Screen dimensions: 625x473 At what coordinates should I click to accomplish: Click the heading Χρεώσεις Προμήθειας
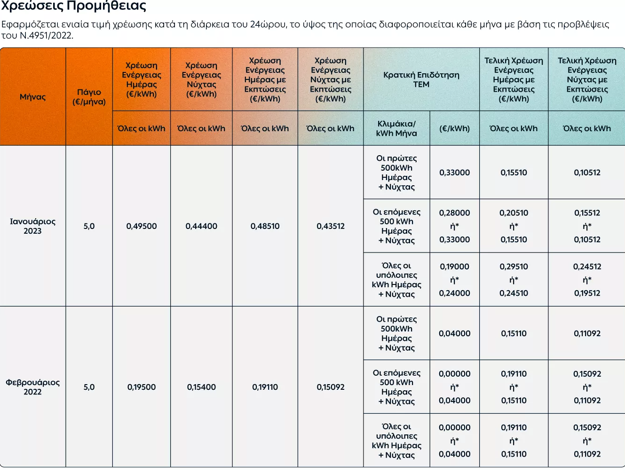(73, 6)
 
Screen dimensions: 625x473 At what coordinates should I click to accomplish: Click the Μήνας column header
(33, 97)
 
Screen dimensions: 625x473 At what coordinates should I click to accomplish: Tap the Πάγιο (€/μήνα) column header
(89, 97)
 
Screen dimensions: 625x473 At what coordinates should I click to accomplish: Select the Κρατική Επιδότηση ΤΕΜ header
(421, 79)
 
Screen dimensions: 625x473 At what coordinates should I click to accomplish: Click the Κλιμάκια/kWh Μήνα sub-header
(396, 128)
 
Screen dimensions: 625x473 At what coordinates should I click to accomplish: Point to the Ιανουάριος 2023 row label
(33, 226)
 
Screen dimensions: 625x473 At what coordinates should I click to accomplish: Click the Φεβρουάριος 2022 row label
(33, 387)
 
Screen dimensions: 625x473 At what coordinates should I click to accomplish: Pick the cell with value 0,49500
(142, 226)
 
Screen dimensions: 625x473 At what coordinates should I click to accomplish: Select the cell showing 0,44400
(201, 226)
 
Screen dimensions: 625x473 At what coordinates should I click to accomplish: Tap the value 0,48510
(265, 226)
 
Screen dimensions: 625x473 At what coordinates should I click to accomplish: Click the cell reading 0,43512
(331, 226)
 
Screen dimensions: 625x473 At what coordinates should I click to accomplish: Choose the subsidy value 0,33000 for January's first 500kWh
(454, 173)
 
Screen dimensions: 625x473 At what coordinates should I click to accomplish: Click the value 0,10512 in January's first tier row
(587, 173)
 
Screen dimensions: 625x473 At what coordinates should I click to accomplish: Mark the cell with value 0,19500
(142, 387)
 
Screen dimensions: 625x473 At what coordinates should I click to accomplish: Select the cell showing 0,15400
(201, 387)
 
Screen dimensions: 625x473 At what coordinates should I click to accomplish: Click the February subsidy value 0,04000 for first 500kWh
(454, 333)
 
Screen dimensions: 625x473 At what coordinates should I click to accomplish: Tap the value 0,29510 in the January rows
(514, 267)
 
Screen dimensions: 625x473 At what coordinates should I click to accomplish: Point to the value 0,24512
(587, 267)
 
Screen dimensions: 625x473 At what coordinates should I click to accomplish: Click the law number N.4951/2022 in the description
(46, 35)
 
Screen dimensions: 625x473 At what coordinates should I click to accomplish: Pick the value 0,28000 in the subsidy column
(454, 213)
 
